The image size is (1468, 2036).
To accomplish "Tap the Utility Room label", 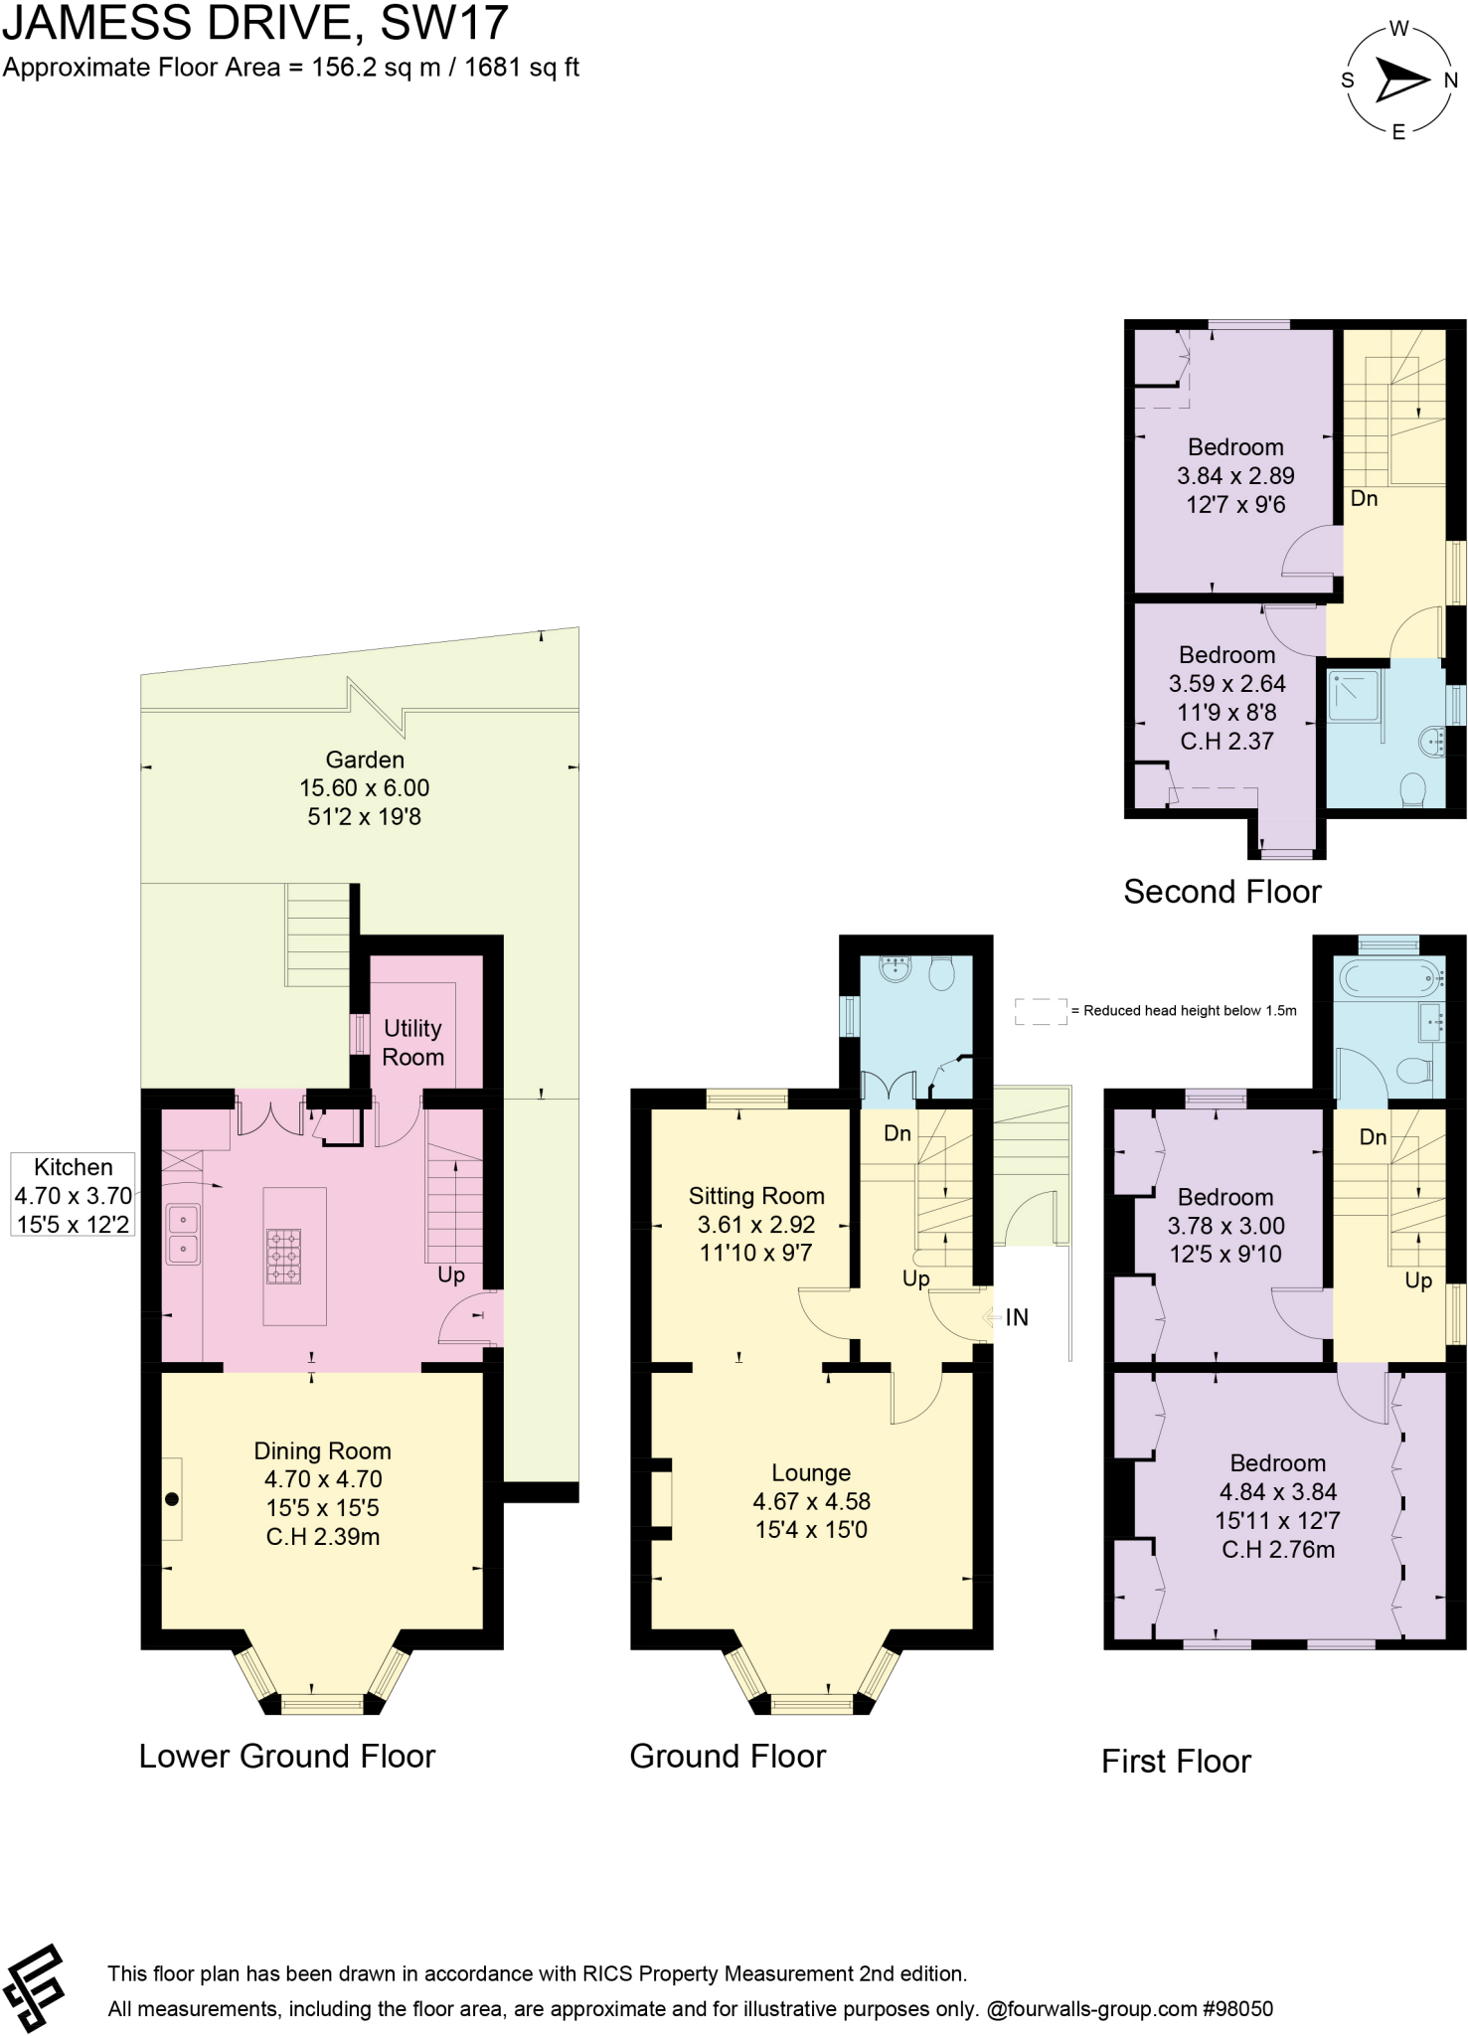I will [412, 1042].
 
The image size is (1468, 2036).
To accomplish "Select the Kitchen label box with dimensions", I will [73, 1195].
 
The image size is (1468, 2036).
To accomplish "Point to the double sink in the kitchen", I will [183, 1233].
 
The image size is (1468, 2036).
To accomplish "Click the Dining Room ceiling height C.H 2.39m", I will [322, 1536].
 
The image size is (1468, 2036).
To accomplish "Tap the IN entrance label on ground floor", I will [1016, 1317].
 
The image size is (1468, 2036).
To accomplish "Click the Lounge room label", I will [811, 1472].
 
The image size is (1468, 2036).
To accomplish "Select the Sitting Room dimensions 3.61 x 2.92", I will [755, 1225].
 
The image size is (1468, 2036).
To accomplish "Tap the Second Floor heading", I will [1222, 892].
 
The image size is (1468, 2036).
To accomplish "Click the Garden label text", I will [365, 760].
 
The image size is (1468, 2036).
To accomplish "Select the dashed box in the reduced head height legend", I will [1040, 1011].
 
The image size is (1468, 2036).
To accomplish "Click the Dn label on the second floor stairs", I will [1364, 498].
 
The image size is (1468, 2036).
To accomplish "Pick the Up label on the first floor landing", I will [1417, 1280].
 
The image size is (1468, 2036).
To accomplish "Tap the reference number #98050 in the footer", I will [1237, 2008].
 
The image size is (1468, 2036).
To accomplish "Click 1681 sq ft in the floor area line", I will [521, 68].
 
